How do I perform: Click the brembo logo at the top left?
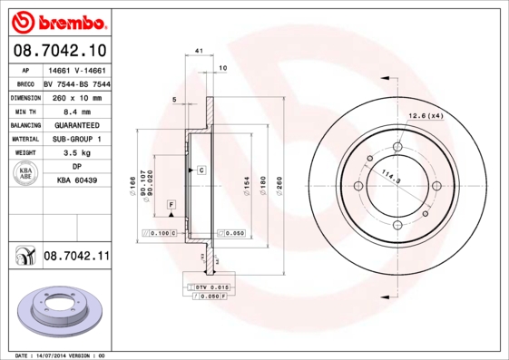58,19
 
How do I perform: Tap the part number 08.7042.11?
76,258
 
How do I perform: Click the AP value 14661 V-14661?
76,69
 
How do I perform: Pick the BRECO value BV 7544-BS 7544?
76,83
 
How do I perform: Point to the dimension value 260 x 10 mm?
76,96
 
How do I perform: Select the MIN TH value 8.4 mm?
76,111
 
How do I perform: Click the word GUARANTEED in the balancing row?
76,124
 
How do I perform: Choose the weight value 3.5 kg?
76,152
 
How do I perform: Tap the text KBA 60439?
76,180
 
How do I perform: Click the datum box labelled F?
170,207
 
